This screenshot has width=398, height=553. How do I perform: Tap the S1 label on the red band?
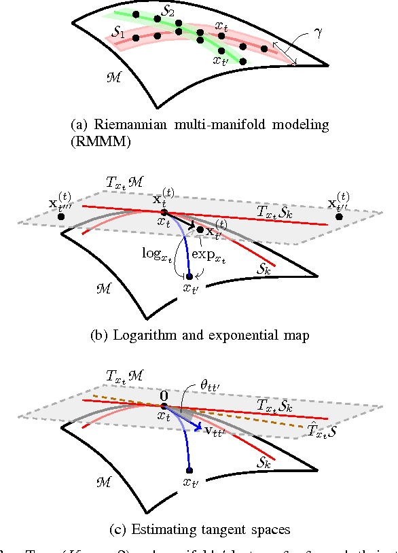point(117,32)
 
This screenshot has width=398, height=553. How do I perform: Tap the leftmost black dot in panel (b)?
point(61,216)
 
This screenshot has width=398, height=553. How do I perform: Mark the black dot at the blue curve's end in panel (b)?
point(189,276)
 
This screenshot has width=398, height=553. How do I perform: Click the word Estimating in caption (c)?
point(155,527)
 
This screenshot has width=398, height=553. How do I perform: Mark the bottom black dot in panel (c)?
point(189,470)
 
